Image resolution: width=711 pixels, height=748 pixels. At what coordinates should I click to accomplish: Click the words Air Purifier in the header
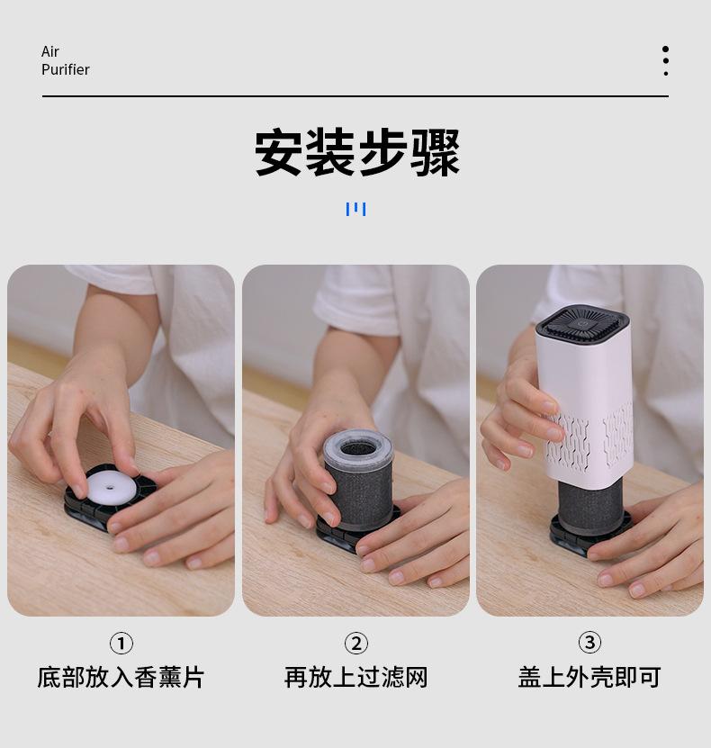(65, 60)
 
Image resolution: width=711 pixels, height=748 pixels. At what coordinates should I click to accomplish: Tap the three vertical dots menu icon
(665, 60)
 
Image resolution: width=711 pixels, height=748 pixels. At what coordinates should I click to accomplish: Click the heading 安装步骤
(356, 153)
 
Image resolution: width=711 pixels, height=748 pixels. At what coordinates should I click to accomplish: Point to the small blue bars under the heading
(355, 209)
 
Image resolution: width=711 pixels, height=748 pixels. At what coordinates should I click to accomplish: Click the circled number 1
(121, 643)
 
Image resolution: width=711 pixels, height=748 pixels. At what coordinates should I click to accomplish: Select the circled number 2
(356, 643)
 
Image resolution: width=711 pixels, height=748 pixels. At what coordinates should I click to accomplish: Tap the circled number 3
(589, 642)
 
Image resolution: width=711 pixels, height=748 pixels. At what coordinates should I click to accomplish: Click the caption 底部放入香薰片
(121, 677)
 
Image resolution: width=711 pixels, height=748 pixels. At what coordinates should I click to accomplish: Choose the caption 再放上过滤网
(356, 677)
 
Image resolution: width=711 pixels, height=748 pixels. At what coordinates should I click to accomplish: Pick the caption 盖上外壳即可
(589, 677)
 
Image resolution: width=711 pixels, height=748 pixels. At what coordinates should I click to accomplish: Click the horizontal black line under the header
(355, 95)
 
